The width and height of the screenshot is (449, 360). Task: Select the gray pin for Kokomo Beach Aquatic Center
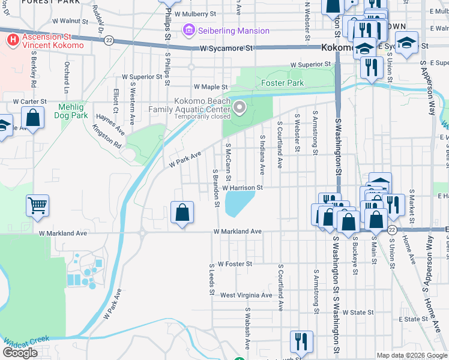(240, 108)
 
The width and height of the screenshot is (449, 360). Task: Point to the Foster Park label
(282, 83)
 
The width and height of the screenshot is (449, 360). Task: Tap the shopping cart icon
(37, 206)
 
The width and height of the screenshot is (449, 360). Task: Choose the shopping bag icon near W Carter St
(34, 118)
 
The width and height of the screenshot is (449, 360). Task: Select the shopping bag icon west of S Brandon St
(182, 212)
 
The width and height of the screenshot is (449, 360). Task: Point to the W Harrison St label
(244, 188)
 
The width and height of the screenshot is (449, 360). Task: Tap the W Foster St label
(235, 263)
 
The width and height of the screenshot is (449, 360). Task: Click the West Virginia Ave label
(246, 295)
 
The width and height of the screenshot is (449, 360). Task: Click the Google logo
(20, 353)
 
